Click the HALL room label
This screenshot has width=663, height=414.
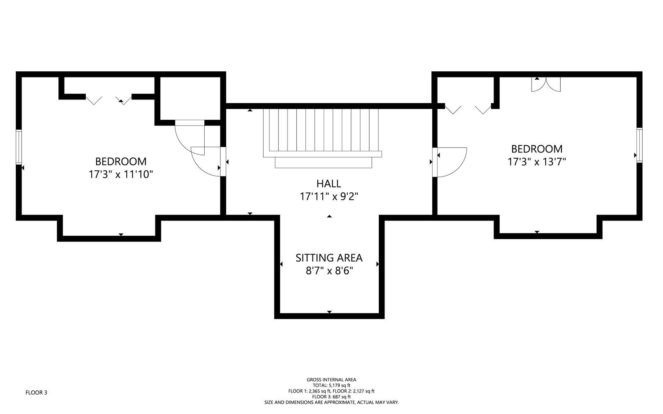(x=329, y=184)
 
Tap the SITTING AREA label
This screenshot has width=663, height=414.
(x=329, y=258)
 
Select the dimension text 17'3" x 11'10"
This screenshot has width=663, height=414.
(x=121, y=174)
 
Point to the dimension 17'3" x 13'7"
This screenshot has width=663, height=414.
(x=537, y=162)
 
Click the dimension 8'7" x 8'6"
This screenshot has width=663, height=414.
(x=329, y=271)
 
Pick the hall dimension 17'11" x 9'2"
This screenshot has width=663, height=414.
(x=329, y=196)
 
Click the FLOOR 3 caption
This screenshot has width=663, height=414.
(x=36, y=393)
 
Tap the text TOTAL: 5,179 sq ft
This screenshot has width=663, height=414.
(x=331, y=385)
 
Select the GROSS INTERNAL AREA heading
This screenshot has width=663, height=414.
(x=331, y=380)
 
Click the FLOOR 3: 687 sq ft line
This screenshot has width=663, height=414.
(x=331, y=397)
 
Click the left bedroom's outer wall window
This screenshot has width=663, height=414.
(x=19, y=147)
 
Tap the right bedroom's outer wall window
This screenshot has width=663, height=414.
(x=639, y=145)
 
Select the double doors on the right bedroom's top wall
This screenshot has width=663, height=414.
(x=546, y=85)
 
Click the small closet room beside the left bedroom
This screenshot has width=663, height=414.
(x=190, y=98)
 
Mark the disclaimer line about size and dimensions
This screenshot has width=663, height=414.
(x=331, y=402)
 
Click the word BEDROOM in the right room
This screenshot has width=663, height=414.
(x=537, y=149)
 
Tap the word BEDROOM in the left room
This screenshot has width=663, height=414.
(x=121, y=162)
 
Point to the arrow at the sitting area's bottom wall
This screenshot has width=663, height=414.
(x=329, y=312)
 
